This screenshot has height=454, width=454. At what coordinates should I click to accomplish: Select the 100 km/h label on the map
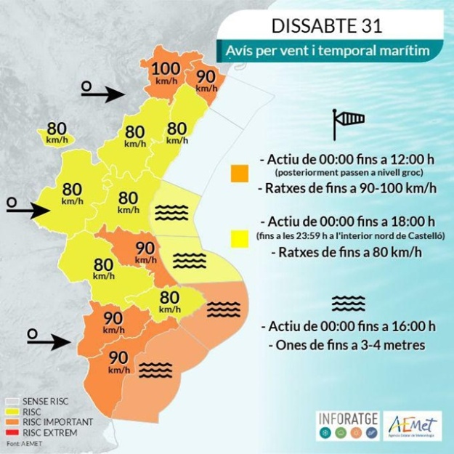(x=165, y=73)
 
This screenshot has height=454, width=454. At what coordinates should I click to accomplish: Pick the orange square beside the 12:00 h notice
(x=239, y=174)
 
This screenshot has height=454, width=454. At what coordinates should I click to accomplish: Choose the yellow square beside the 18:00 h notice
(x=239, y=236)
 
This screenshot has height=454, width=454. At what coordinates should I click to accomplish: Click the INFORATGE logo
(x=349, y=425)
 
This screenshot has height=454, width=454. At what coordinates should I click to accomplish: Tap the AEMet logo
(x=413, y=425)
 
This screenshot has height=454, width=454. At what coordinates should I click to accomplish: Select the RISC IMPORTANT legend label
(x=57, y=422)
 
